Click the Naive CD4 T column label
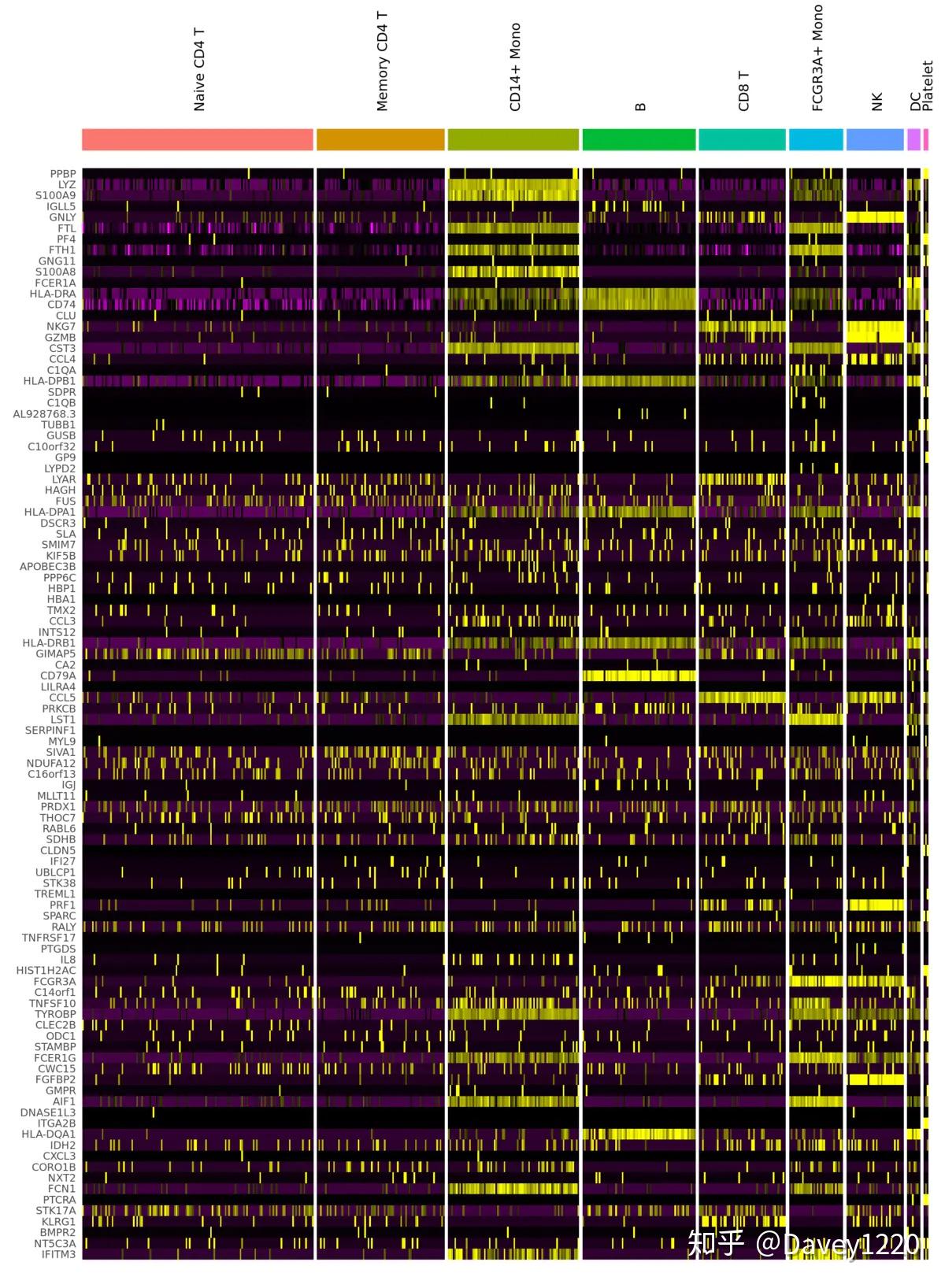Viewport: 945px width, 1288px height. coord(199,70)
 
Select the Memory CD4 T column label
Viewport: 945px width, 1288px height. coord(382,61)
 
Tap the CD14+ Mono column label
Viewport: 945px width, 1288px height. coord(515,68)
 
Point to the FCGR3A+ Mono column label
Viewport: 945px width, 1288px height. coord(817,58)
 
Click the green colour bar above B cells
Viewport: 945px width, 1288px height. coord(639,139)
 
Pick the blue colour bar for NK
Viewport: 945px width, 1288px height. coord(874,139)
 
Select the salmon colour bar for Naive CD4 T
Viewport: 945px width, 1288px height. coord(197,139)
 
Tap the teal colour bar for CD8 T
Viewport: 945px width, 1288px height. coord(742,139)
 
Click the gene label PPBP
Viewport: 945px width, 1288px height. coord(63,174)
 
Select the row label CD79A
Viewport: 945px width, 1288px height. coord(58,675)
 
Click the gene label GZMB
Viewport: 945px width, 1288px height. coord(60,337)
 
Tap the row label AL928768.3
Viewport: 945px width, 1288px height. coord(44,413)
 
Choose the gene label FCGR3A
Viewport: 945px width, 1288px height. coord(54,981)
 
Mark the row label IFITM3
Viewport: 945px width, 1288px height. coord(58,1254)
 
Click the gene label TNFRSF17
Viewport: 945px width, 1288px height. coord(49,938)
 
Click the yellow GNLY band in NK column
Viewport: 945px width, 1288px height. coord(874,217)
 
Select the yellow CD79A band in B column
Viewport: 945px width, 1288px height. coord(639,675)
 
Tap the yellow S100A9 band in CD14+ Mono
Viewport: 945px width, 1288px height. coord(513,195)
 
